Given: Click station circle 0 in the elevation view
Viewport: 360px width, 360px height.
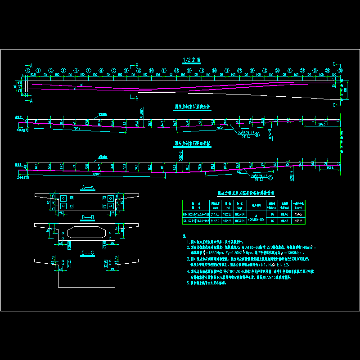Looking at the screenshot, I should [x=27, y=71].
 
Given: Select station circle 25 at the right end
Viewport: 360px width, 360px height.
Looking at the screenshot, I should [x=340, y=71].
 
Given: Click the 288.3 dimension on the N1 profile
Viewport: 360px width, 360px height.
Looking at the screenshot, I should [x=321, y=124].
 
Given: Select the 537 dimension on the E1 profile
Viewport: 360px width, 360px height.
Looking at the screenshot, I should [x=239, y=171].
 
